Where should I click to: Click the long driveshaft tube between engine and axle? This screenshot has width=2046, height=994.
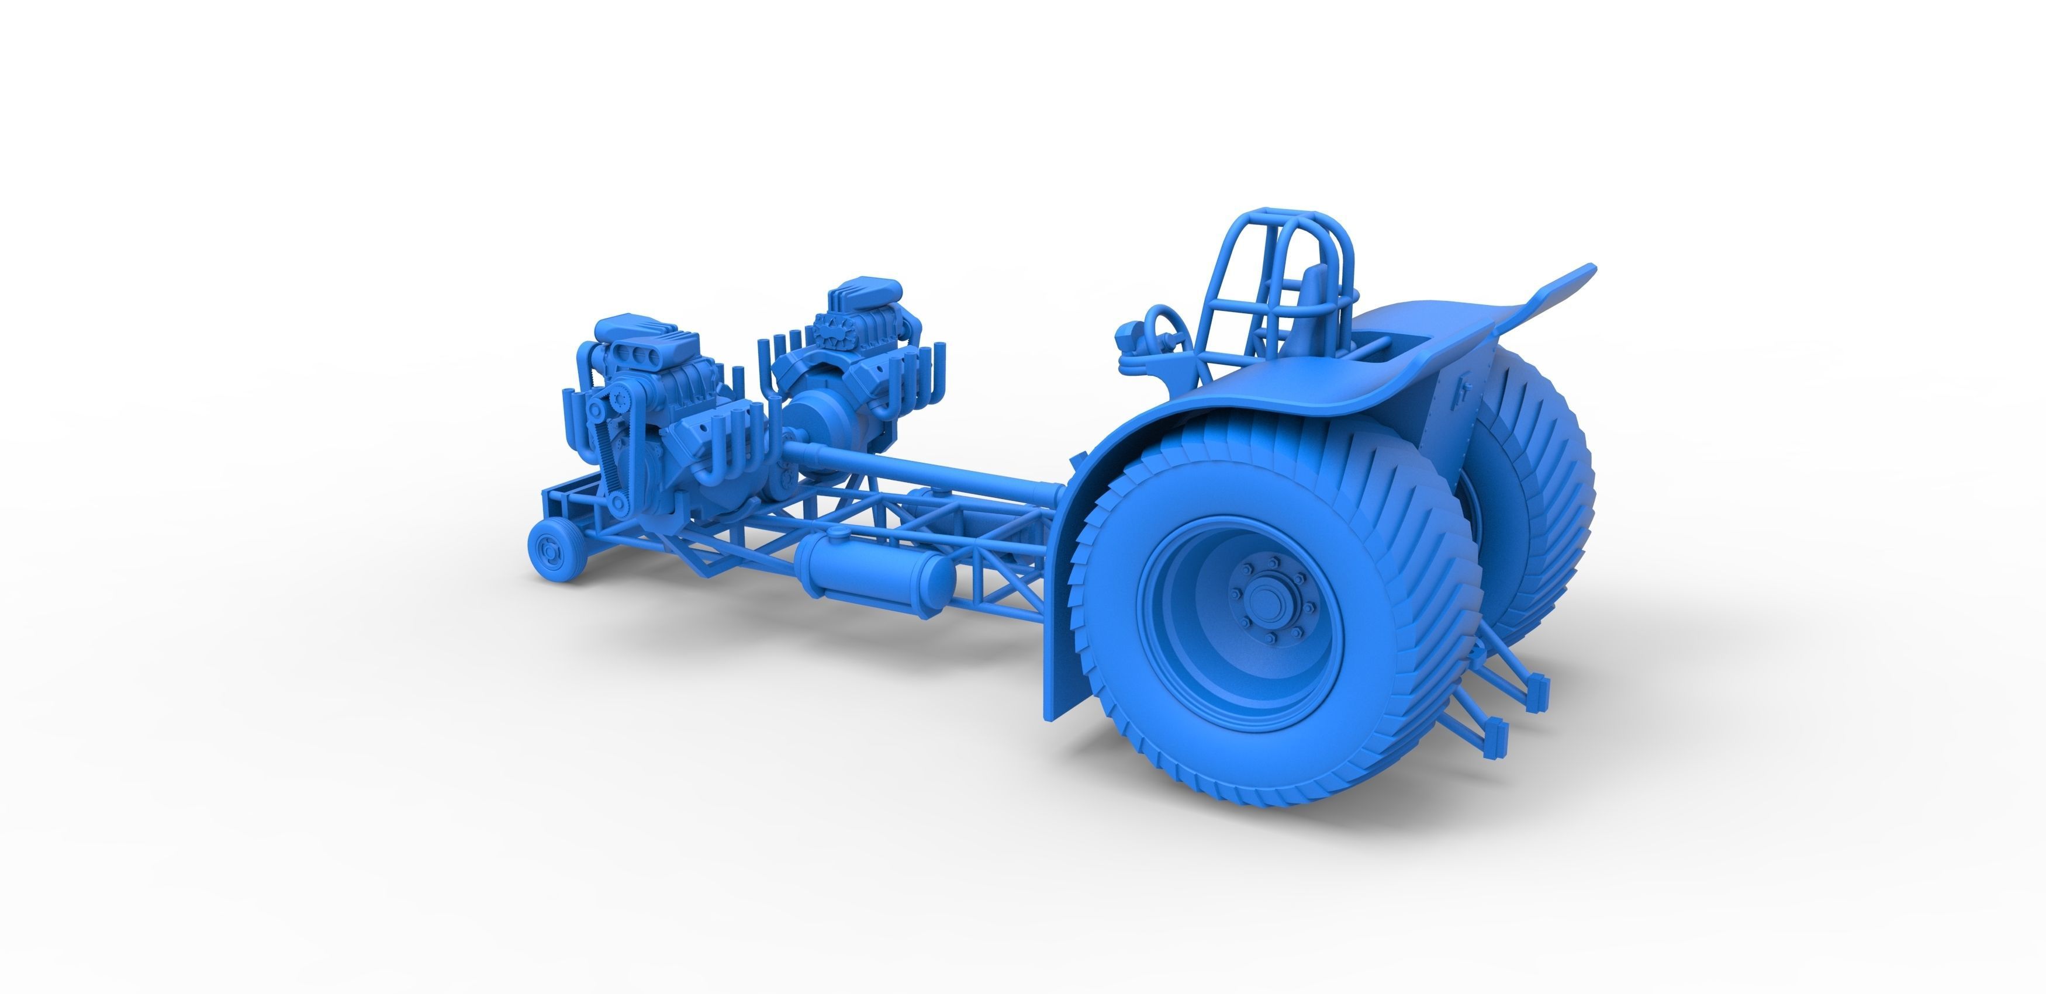pyautogui.click(x=921, y=469)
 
